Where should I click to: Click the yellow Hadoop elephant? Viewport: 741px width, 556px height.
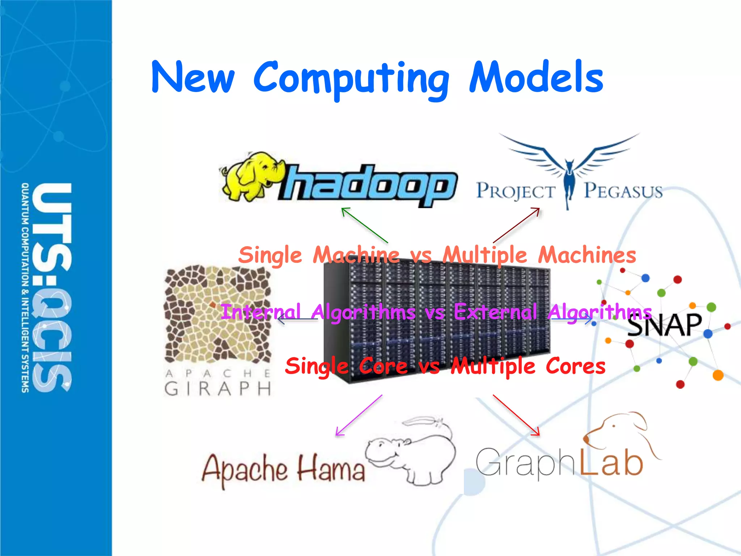pyautogui.click(x=250, y=176)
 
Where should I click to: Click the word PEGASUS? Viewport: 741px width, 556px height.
pyautogui.click(x=623, y=191)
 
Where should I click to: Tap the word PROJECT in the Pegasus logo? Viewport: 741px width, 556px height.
pyautogui.click(x=516, y=191)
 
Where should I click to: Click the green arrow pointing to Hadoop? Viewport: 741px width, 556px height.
pyautogui.click(x=364, y=225)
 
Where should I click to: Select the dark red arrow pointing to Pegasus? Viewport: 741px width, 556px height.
pyautogui.click(x=516, y=225)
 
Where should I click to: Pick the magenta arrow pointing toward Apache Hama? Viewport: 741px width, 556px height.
pyautogui.click(x=359, y=415)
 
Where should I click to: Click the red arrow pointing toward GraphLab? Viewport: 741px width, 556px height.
pyautogui.click(x=516, y=415)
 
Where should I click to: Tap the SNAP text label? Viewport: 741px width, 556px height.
pyautogui.click(x=664, y=325)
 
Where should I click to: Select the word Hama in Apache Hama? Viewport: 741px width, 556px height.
pyautogui.click(x=331, y=469)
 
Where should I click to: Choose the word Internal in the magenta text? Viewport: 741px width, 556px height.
pyautogui.click(x=261, y=312)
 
